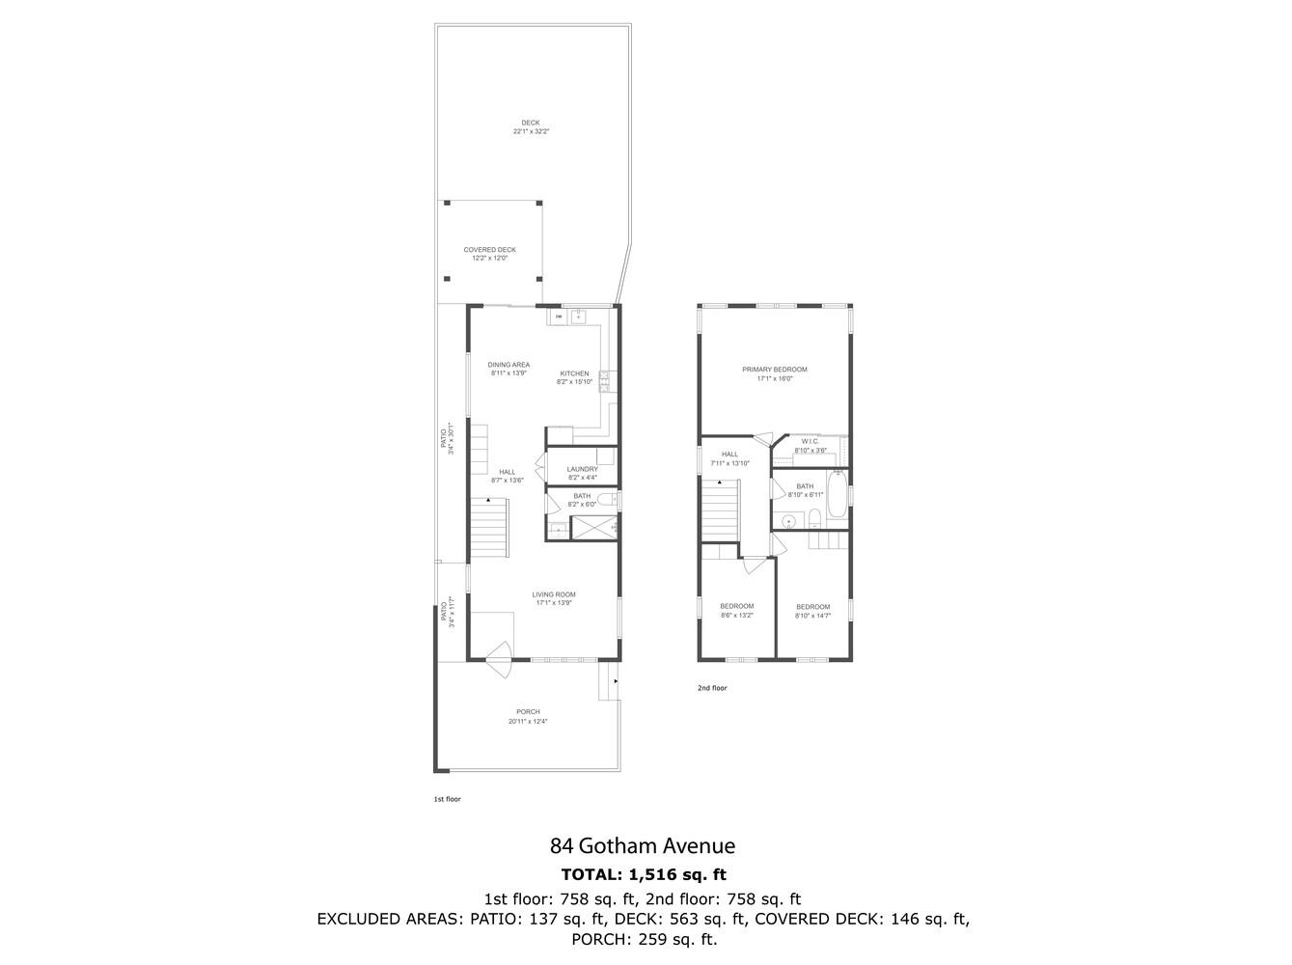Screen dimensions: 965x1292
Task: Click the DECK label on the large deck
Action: coord(530,123)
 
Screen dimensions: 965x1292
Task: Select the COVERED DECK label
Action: coord(489,250)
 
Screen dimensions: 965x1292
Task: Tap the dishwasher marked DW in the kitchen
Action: coord(559,317)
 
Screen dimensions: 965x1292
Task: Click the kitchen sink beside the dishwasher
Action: coord(581,316)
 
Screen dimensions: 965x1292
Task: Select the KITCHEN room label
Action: coord(574,373)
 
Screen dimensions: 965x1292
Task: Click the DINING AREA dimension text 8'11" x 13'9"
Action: coord(509,373)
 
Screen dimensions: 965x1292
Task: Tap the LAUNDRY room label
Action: coord(582,469)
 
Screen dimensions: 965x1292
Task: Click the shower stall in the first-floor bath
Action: coord(593,527)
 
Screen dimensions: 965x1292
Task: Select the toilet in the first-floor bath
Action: coord(605,500)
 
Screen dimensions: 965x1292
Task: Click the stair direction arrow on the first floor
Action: coord(489,500)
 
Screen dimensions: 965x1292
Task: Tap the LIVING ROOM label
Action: coord(554,594)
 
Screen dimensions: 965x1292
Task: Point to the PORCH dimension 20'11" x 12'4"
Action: coord(528,721)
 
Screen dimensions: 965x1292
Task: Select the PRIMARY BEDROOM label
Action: coord(774,370)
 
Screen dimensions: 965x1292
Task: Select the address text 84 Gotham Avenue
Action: coord(643,846)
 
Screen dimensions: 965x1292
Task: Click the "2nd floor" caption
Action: coord(712,688)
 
